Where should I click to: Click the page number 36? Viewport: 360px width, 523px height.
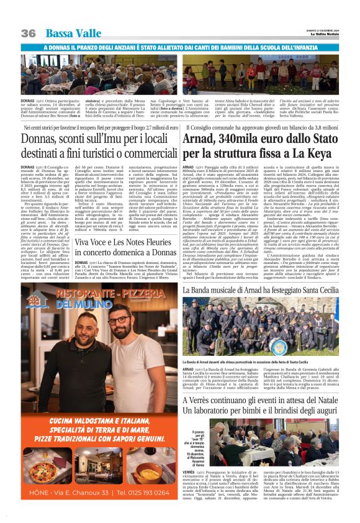coord(28,32)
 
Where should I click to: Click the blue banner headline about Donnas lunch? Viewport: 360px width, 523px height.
coord(180,47)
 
